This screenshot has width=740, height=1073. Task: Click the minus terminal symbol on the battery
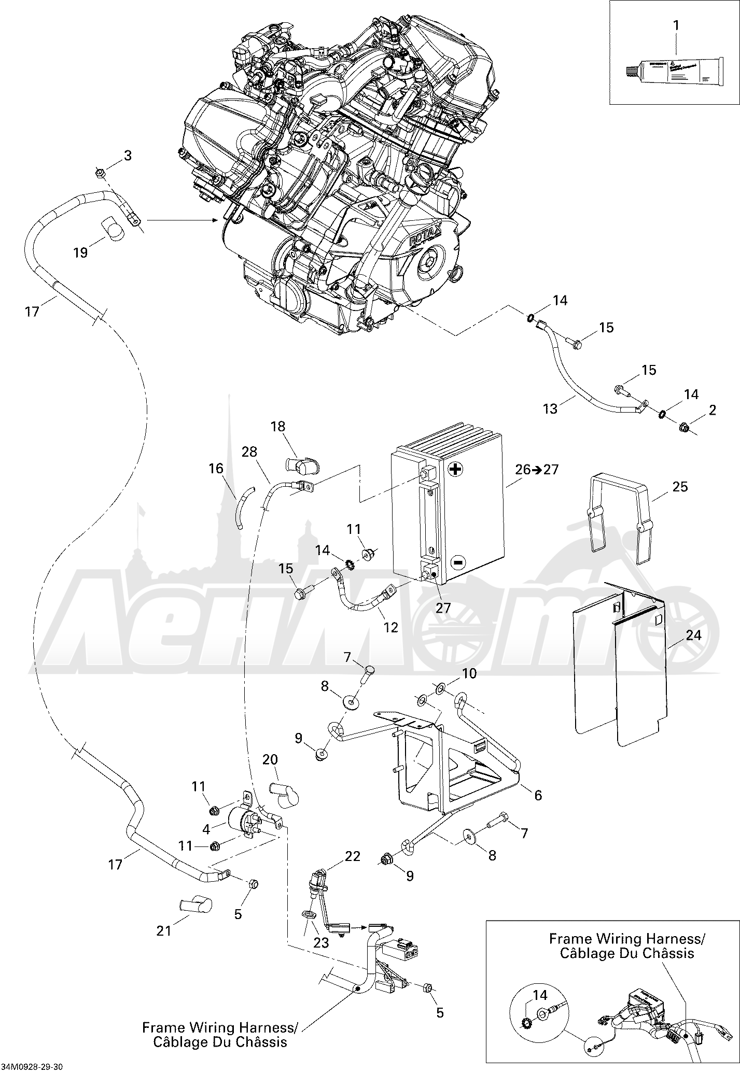pos(457,561)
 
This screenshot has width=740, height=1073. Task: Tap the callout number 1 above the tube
pos(676,24)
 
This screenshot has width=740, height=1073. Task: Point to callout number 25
pos(680,486)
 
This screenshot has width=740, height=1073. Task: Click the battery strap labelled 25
pos(620,518)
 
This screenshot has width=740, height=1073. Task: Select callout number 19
pos(80,252)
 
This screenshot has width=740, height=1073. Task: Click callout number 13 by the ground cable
pos(550,408)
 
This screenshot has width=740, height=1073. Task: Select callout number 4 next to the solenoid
pos(206,829)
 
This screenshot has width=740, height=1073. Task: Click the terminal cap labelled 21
pos(194,903)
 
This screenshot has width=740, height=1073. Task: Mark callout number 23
pos(321,942)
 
